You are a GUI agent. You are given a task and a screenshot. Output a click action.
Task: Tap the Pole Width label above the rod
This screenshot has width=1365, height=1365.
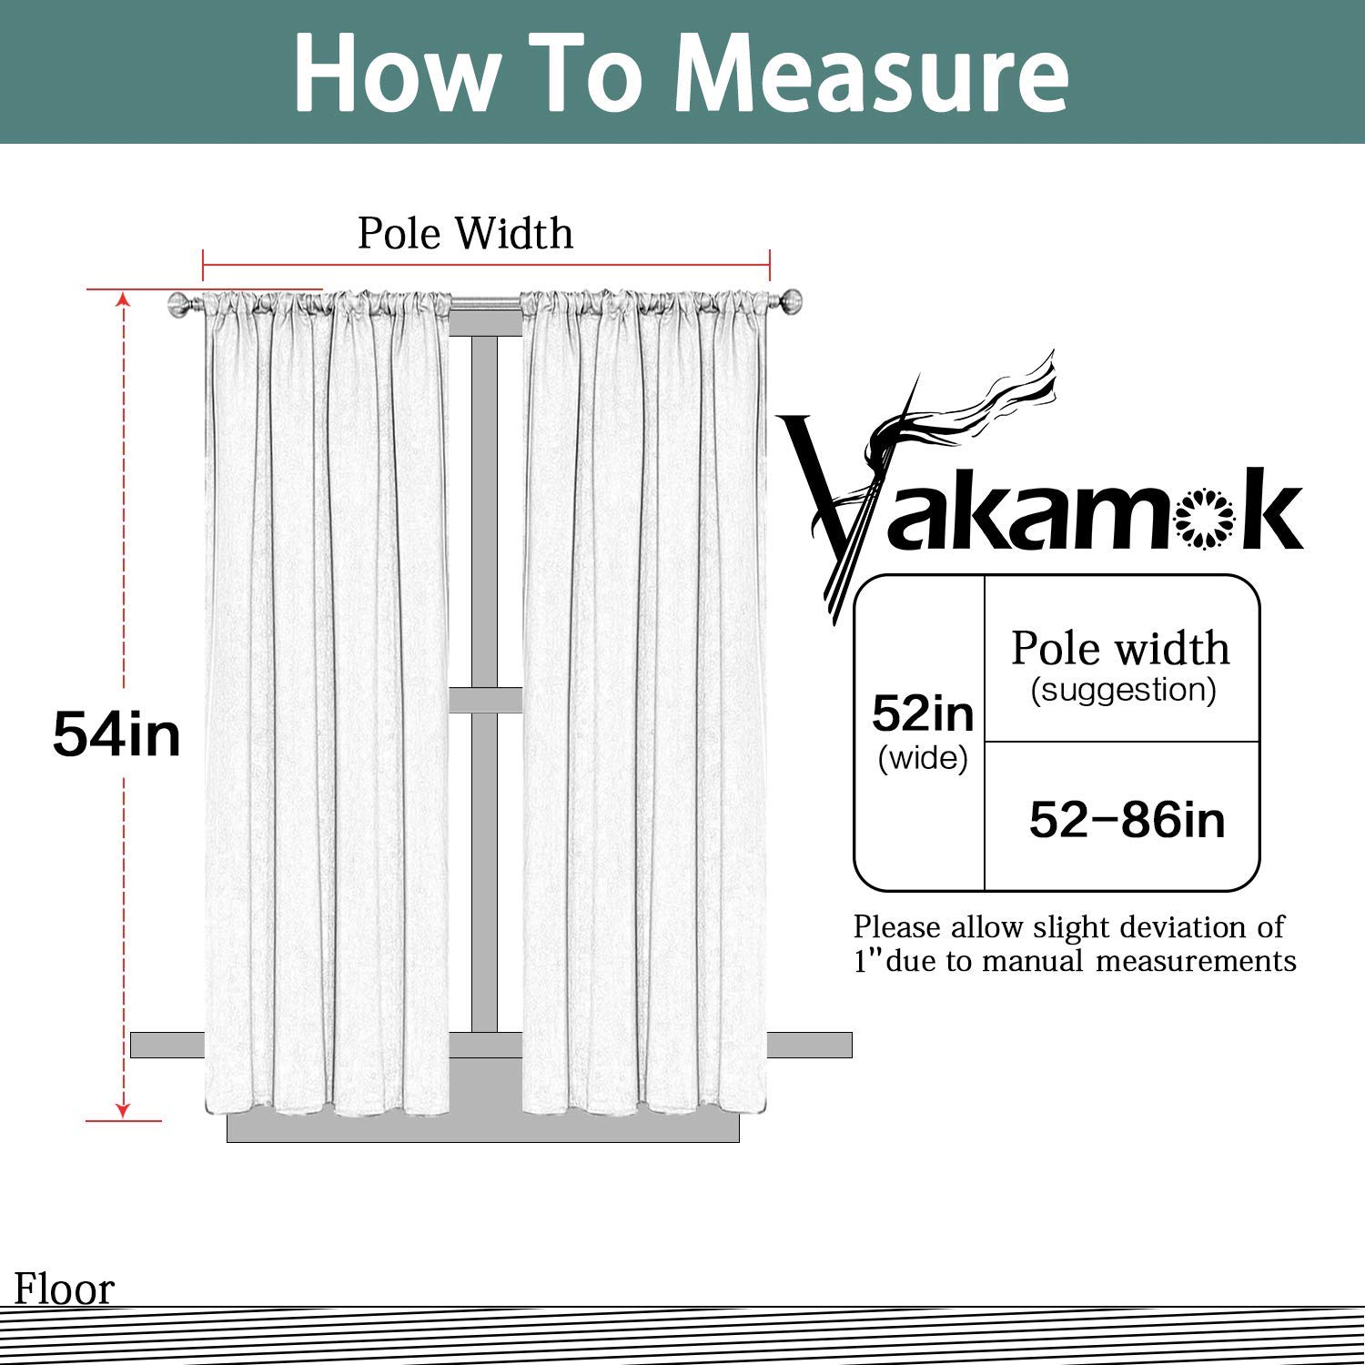coord(465,234)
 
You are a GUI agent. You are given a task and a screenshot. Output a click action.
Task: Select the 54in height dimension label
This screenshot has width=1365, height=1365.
coord(116,734)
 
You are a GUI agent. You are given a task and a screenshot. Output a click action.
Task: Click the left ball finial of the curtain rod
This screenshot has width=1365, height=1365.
coord(179,304)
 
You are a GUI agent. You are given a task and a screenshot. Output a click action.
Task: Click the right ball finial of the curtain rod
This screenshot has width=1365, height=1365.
coord(792,300)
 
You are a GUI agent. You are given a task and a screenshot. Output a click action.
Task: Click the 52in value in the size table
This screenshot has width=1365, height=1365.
coord(923,713)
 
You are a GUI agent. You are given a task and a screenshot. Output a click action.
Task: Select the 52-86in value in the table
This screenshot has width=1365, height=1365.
coord(1127,820)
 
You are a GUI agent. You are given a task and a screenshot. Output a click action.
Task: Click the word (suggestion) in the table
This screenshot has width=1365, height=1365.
coord(1123,690)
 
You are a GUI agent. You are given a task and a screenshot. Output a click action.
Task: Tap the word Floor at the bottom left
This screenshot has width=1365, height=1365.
coord(65,1289)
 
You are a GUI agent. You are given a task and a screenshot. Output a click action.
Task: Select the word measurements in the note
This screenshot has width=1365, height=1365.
coord(1196,961)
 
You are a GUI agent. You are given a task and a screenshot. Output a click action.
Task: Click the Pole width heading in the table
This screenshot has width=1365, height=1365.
coord(1120,649)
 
